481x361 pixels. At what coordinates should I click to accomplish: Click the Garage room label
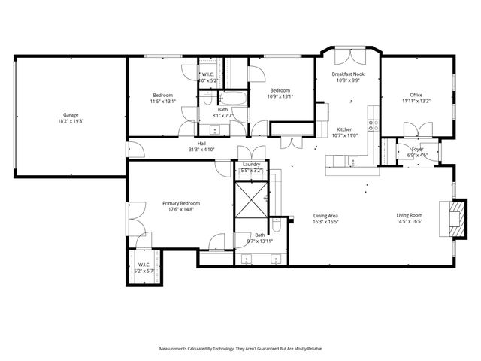click(70, 115)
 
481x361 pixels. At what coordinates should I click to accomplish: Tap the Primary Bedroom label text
click(181, 204)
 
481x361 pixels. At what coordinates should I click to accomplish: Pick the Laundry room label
click(251, 164)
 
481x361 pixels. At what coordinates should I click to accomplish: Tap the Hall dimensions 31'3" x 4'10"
click(201, 150)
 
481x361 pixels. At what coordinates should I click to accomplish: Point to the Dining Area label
click(325, 216)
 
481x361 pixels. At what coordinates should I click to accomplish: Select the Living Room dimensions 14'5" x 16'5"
click(410, 222)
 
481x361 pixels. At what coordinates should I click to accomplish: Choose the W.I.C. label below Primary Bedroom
click(144, 265)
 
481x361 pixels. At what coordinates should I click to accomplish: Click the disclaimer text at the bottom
click(240, 349)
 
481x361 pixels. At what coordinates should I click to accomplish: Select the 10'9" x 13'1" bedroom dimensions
click(280, 96)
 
